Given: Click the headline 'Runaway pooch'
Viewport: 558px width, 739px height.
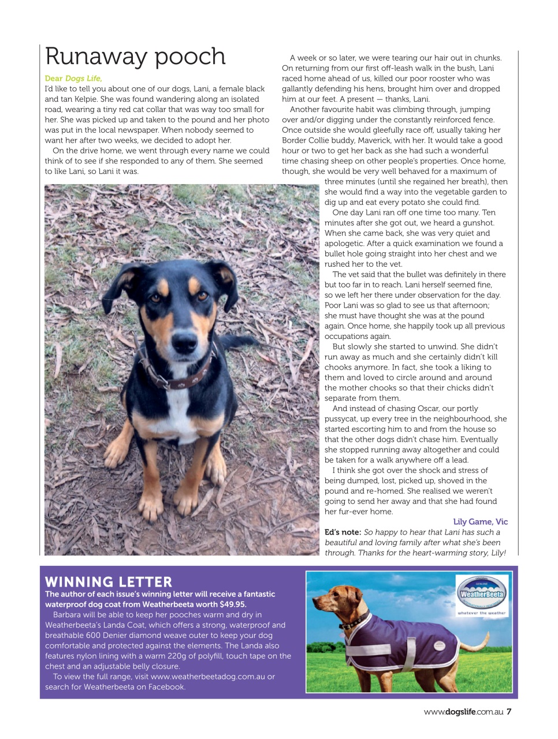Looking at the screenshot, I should click(x=135, y=57).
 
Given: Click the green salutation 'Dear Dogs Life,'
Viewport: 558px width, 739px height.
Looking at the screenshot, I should click(x=73, y=79).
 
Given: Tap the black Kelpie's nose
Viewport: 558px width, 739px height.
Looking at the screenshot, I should click(x=184, y=343).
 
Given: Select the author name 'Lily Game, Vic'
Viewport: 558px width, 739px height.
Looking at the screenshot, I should click(x=480, y=521).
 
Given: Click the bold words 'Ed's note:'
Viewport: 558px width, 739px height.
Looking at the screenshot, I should click(x=343, y=532).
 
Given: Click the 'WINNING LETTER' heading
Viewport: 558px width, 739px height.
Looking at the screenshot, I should click(x=109, y=581).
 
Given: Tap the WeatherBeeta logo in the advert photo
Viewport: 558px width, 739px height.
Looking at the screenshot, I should click(x=482, y=594).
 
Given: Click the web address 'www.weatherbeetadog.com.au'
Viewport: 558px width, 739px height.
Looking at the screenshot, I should click(x=207, y=677).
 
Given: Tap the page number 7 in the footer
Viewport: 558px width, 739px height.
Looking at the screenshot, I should click(x=509, y=712).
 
